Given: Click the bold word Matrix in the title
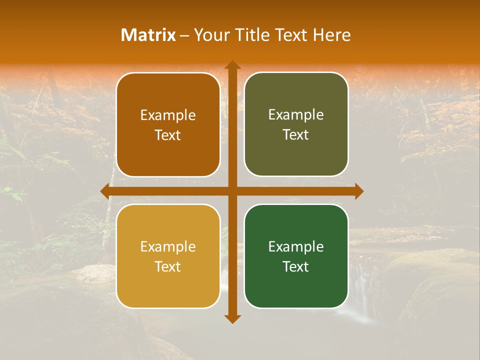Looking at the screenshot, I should (148, 35).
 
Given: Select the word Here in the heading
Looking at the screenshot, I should (331, 35).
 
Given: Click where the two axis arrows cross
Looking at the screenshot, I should (232, 191).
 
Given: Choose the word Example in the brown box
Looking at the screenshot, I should (168, 115).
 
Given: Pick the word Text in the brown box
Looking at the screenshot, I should (168, 135).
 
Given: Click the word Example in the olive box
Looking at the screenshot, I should (296, 115).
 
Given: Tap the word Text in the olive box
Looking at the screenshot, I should (296, 135).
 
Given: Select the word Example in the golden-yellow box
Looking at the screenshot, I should (168, 247).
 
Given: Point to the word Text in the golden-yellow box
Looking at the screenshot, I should (168, 267).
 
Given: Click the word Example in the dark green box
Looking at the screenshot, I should (296, 247).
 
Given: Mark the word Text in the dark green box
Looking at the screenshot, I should (296, 267).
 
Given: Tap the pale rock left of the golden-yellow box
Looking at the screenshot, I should (96, 273).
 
